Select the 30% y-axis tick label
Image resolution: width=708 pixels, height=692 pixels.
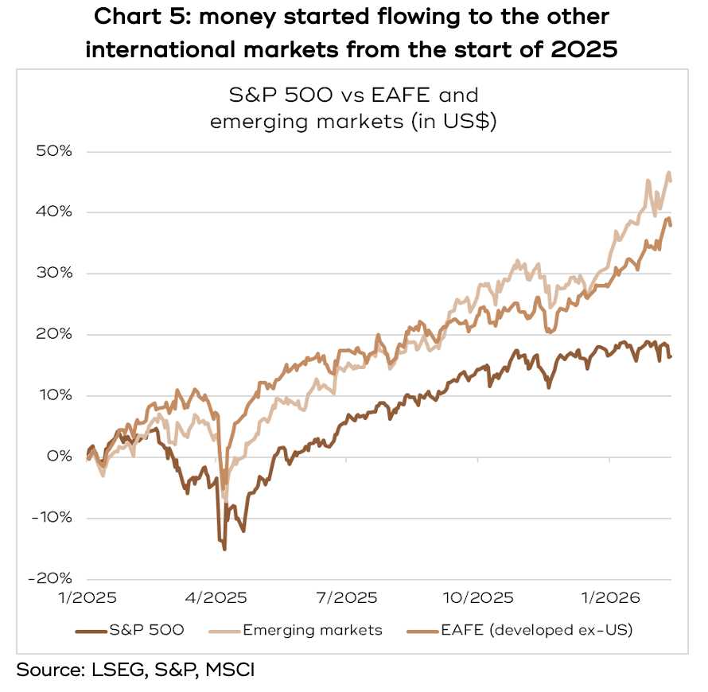(x=55, y=274)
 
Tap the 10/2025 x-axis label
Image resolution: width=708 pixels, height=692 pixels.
(x=479, y=597)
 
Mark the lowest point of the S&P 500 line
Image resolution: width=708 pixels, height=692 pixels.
(x=224, y=549)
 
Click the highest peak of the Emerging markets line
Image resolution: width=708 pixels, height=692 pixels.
(x=669, y=173)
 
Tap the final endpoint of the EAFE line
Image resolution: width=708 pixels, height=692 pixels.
(x=671, y=225)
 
